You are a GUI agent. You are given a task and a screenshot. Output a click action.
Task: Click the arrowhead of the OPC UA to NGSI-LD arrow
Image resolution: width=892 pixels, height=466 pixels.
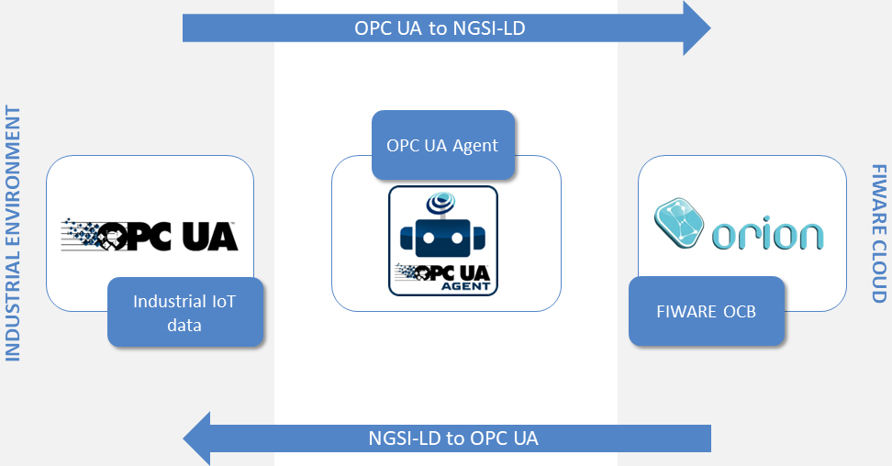pos(697,28)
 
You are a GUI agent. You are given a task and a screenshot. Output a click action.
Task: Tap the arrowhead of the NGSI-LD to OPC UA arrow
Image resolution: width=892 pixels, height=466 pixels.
pos(196,438)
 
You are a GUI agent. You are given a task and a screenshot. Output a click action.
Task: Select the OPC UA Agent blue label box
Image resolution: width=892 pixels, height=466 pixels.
pos(443,145)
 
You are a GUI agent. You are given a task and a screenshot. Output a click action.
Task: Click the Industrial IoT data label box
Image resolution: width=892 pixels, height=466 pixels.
pos(185,313)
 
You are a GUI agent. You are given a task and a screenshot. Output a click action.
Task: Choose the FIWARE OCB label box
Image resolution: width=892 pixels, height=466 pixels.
pos(707,311)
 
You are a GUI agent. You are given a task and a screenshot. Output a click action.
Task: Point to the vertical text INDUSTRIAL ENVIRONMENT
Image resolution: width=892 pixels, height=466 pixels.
pos(13,233)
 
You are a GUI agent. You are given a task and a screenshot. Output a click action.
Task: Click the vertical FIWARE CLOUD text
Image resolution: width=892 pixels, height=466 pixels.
pos(879,233)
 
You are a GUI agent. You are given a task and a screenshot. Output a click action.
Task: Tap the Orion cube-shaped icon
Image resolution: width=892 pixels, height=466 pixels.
pos(679,223)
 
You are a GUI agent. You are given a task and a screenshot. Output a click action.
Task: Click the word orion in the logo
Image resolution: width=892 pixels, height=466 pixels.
pos(767,233)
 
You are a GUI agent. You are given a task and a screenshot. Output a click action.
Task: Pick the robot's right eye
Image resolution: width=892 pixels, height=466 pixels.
pos(457,238)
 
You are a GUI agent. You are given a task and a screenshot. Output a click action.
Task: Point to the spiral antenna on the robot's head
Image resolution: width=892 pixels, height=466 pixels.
pos(441,202)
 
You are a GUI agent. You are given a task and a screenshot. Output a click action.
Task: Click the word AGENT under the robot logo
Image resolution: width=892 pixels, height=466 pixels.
pos(465,286)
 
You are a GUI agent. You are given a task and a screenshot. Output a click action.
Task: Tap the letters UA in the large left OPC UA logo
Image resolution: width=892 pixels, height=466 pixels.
pos(210,237)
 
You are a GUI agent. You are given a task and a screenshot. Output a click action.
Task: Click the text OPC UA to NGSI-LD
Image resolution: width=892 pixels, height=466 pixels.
pos(440,28)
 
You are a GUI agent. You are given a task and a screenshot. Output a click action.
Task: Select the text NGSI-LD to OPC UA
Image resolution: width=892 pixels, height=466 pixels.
pos(453,438)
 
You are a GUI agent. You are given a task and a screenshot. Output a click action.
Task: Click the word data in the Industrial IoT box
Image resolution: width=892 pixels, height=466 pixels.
pos(184,325)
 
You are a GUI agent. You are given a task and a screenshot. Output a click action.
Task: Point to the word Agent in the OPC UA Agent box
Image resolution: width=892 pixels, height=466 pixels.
pos(475,146)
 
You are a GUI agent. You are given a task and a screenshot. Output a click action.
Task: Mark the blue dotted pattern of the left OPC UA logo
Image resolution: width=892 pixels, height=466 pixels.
pos(83,233)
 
